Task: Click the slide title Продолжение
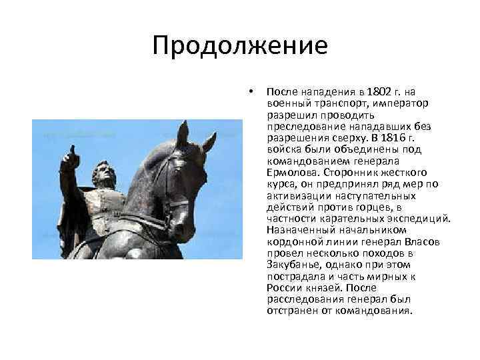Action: (239, 46)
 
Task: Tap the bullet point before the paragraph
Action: (250, 91)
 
